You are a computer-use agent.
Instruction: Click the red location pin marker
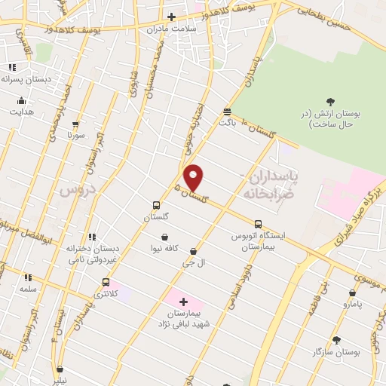[x=194, y=177]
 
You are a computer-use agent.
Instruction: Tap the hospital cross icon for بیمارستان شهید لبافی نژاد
[x=183, y=302]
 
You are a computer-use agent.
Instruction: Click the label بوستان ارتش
[x=338, y=118]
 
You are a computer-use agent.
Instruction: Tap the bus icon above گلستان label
[x=156, y=205]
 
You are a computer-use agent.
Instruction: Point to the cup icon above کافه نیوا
[x=164, y=237]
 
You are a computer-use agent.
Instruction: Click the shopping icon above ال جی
[x=194, y=251]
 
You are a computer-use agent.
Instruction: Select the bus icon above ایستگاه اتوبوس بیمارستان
[x=259, y=224]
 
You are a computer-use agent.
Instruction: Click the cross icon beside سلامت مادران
[x=172, y=17]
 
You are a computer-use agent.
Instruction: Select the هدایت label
[x=21, y=112]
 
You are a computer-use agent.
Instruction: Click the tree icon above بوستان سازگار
[x=336, y=340]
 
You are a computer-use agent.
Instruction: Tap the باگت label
[x=227, y=121]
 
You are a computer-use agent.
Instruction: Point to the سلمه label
[x=29, y=289]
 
